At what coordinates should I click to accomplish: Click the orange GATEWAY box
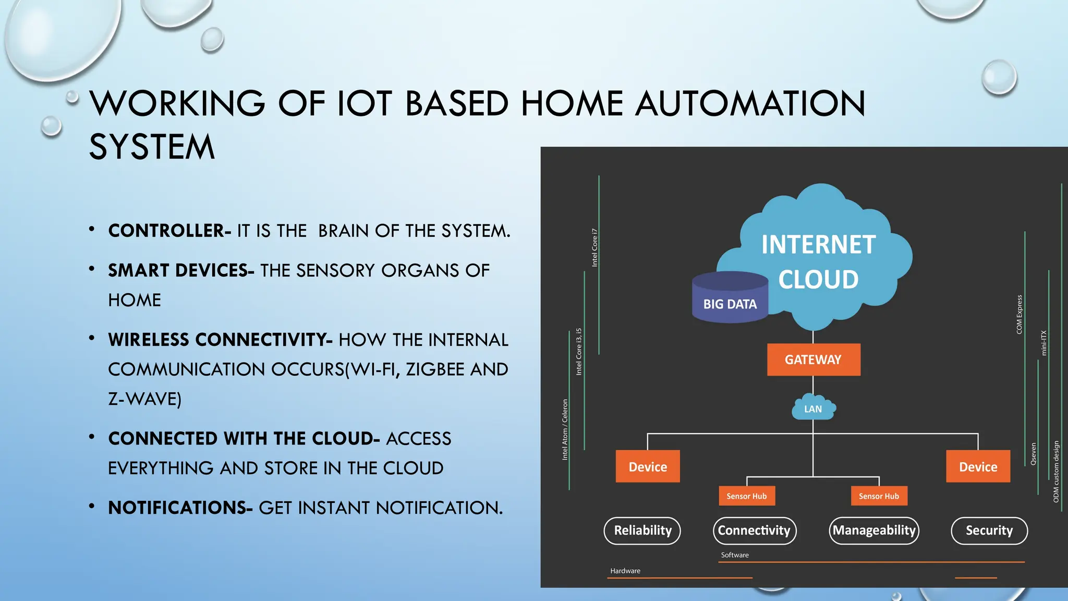pyautogui.click(x=813, y=359)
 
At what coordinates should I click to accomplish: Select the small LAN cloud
pyautogui.click(x=813, y=408)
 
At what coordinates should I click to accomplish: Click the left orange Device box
pyautogui.click(x=648, y=466)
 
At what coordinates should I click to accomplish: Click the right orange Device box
pyautogui.click(x=978, y=466)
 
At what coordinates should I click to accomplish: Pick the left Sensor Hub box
pyautogui.click(x=747, y=496)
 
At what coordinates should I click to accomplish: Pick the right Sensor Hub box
pyautogui.click(x=879, y=496)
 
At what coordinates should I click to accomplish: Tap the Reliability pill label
pyautogui.click(x=642, y=531)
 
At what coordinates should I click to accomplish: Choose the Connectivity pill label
pyautogui.click(x=754, y=531)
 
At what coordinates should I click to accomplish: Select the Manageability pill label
pyautogui.click(x=874, y=531)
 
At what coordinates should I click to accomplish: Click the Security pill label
pyautogui.click(x=989, y=531)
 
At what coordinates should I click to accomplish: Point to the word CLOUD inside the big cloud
pyautogui.click(x=818, y=280)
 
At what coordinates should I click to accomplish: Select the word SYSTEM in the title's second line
pyautogui.click(x=152, y=147)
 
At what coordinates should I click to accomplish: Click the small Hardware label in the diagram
pyautogui.click(x=625, y=571)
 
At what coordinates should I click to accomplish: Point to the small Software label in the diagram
pyautogui.click(x=735, y=555)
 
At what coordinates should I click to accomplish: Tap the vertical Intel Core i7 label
pyautogui.click(x=594, y=247)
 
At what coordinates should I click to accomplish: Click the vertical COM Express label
pyautogui.click(x=1019, y=314)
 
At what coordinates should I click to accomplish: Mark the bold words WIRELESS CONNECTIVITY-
pyautogui.click(x=220, y=340)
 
